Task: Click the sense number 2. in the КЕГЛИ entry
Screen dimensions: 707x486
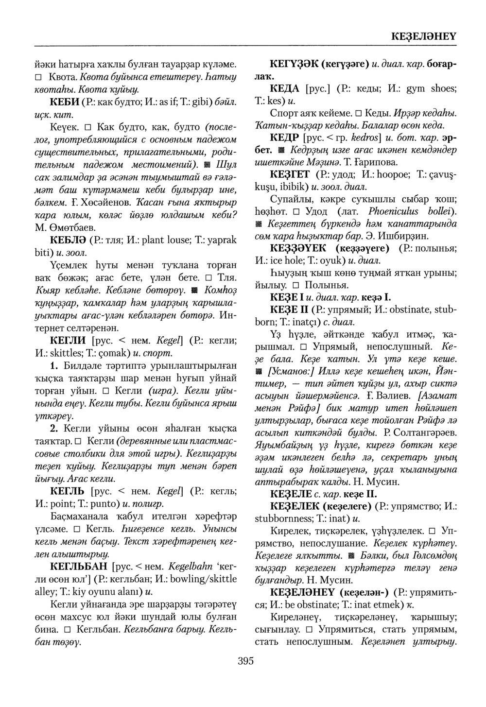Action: (54, 429)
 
